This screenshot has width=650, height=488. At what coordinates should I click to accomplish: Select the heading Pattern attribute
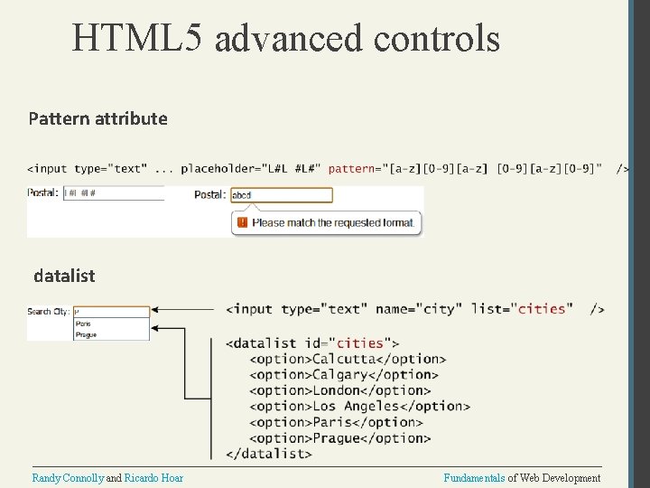point(97,118)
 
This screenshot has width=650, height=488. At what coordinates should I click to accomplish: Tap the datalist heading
point(64,276)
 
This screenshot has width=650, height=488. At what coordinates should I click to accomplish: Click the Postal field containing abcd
point(281,194)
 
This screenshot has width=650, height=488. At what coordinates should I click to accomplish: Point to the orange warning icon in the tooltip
point(242,221)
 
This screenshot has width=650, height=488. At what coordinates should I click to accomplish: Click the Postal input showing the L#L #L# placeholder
point(113,192)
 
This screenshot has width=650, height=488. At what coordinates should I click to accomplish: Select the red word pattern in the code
point(351,169)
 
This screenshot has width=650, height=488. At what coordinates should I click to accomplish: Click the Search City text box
point(111,311)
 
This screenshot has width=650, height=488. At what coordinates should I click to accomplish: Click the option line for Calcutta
point(347,359)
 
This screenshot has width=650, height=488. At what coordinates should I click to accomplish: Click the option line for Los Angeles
point(359,407)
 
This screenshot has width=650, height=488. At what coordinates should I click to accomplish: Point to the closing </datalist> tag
point(268,454)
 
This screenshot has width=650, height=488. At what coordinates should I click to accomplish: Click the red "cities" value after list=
point(542,309)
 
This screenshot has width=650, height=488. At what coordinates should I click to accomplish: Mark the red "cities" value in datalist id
point(360,343)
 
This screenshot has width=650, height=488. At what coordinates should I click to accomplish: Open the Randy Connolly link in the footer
point(68,478)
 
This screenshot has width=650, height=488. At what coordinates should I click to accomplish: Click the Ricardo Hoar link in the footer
point(153,478)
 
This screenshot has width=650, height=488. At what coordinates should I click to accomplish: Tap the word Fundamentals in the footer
point(474,478)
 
